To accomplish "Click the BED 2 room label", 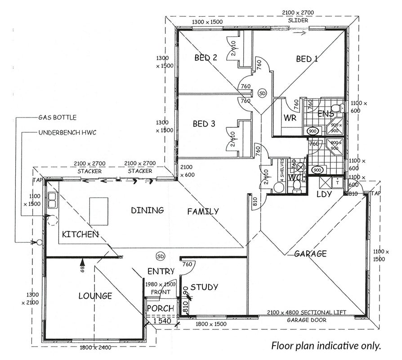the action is pos(205,58).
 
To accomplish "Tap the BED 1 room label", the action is pos(307,59).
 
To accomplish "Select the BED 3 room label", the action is pos(204,124).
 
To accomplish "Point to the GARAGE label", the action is pos(310,254).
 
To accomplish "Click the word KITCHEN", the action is pos(80,234).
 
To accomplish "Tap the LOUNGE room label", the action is pos(95,296).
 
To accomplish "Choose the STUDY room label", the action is pos(204,287).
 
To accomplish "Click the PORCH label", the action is pos(161,308).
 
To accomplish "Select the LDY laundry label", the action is pos(324,194).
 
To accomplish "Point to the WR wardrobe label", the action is pos(290,118).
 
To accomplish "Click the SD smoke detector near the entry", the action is pos(161,256).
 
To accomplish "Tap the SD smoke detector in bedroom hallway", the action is pos(262,93).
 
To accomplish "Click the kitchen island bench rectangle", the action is pos(99,211).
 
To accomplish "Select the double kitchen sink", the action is pos(52,200).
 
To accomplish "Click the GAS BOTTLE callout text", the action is pos(58,117).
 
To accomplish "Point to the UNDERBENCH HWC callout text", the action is pos(67,133).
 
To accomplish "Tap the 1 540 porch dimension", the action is pos(162,321).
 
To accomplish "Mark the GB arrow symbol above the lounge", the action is pos(82,265).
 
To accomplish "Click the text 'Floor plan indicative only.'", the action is pos(326,346).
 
